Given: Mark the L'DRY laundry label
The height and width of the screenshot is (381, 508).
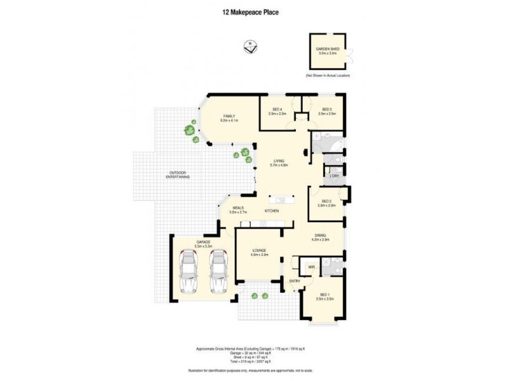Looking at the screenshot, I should (334, 175).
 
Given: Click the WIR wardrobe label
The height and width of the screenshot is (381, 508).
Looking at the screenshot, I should (311, 267).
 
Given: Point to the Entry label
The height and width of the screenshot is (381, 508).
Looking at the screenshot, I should (295, 281).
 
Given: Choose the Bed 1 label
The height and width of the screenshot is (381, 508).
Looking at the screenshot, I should (326, 297).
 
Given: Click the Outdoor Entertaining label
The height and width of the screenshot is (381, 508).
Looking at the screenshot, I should (178, 175).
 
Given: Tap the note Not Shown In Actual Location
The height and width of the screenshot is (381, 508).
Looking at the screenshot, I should (327, 76).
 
